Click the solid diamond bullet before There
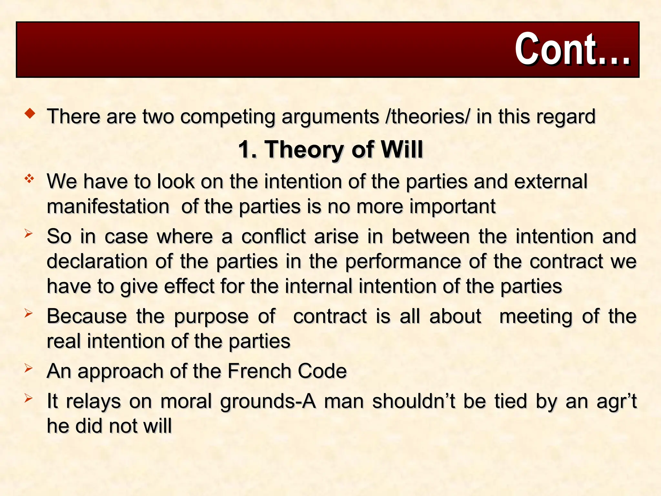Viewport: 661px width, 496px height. coord(30,113)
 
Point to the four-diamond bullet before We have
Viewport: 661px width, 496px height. coord(29,178)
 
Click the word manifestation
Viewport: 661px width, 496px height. coord(108,207)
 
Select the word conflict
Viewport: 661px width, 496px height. coord(273,236)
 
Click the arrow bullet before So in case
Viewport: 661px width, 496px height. coord(29,233)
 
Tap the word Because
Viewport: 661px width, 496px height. coord(86,316)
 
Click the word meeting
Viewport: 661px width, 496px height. coord(536,316)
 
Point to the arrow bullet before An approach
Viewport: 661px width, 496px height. coord(29,368)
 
